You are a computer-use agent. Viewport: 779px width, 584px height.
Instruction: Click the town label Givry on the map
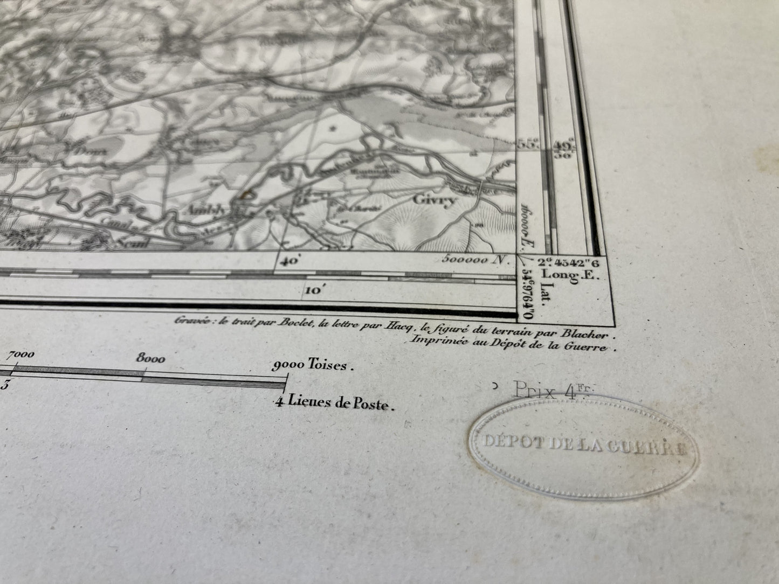coord(434,200)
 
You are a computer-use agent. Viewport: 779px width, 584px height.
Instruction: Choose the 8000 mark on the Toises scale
coord(151,359)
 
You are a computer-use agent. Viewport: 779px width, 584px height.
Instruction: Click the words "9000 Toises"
coord(313,365)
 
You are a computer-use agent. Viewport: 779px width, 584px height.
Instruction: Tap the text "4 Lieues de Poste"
coord(334,402)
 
